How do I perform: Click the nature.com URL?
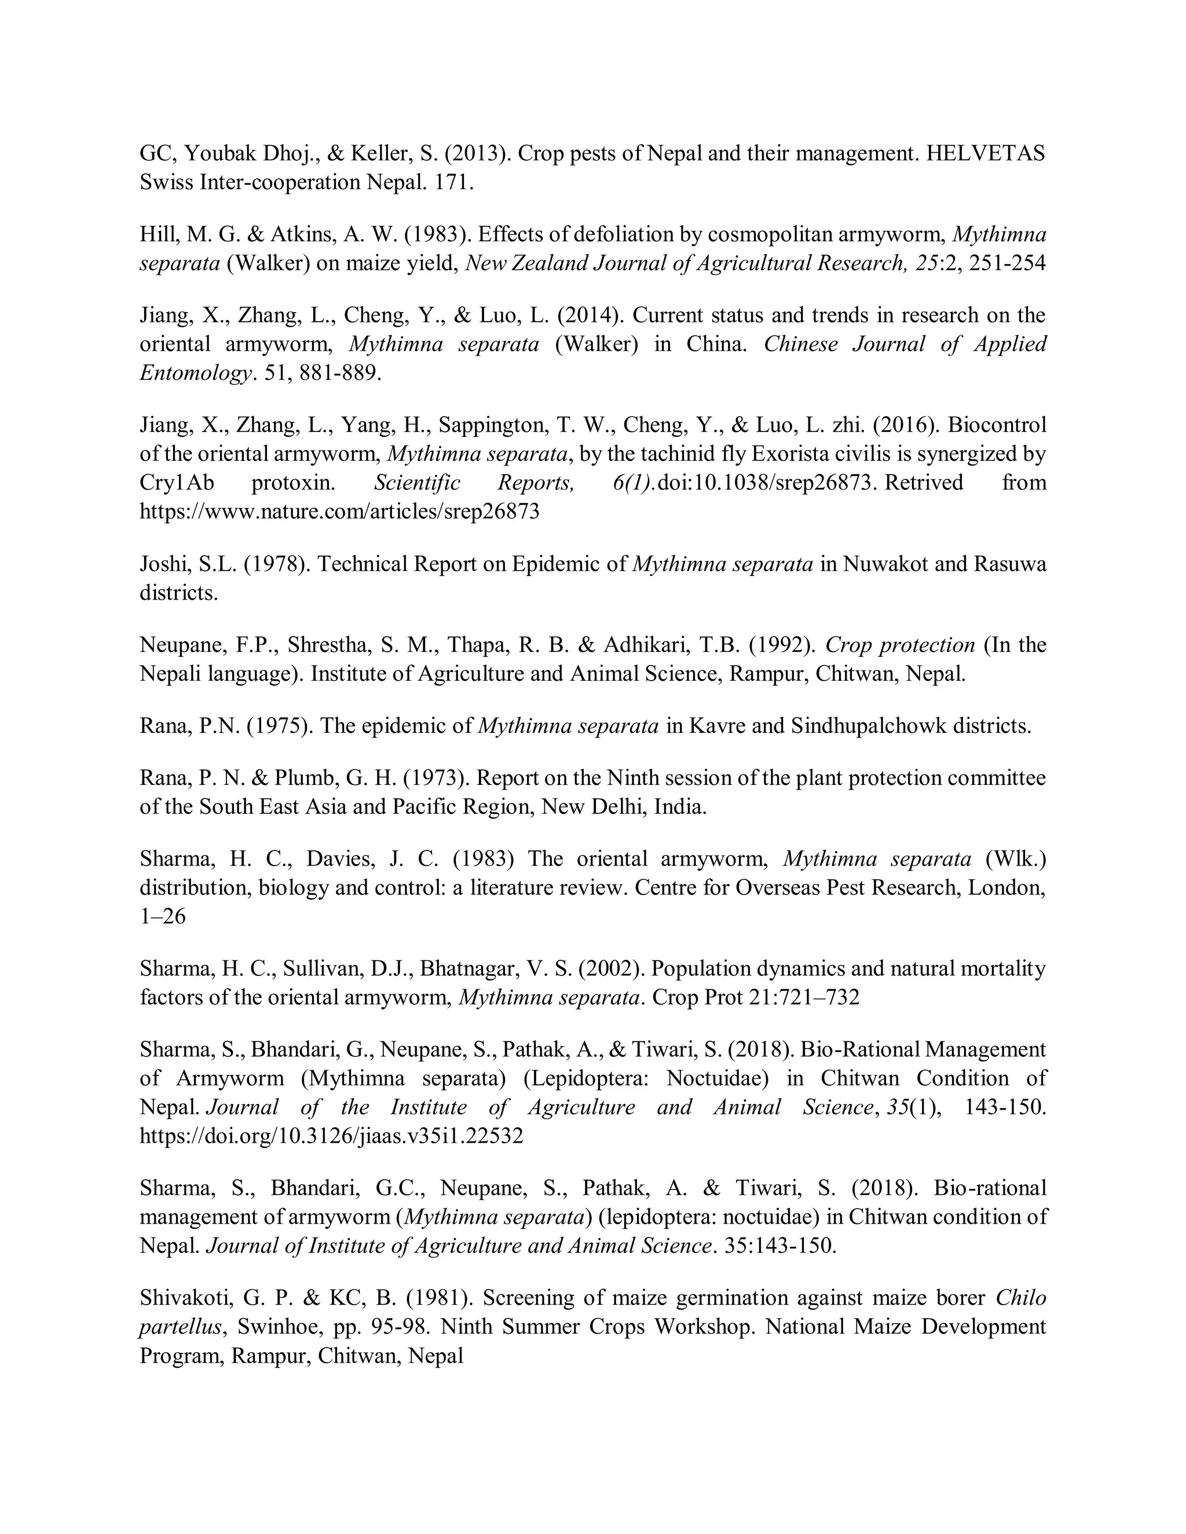[339, 511]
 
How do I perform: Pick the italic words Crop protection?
[900, 645]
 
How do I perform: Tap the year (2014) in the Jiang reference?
[590, 315]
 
